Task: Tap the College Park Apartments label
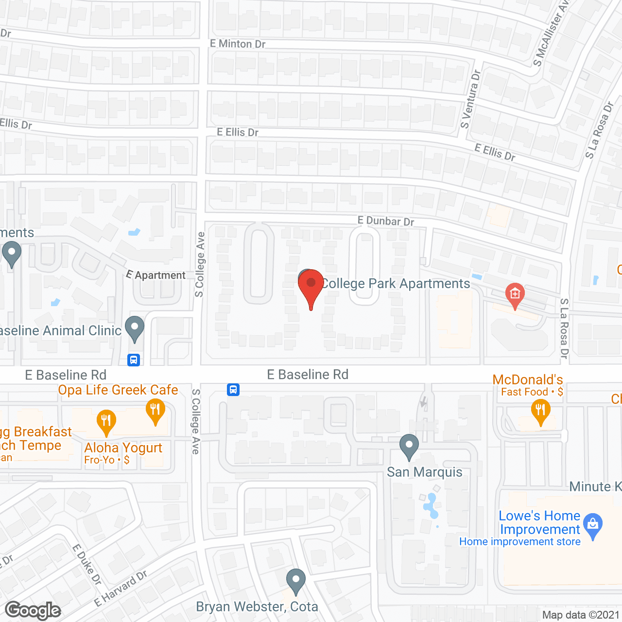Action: tap(396, 283)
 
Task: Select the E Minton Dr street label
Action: tap(238, 44)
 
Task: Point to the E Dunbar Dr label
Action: tap(386, 221)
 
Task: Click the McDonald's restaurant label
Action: tap(528, 380)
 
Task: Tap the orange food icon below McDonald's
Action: tap(540, 411)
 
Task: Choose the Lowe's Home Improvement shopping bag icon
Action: tap(593, 525)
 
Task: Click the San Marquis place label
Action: tap(425, 472)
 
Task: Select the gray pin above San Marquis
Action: tap(409, 446)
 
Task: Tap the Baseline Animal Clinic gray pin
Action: tap(135, 328)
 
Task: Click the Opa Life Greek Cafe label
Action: tap(118, 390)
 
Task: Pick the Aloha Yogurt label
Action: tap(123, 448)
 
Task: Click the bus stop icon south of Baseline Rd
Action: tap(233, 390)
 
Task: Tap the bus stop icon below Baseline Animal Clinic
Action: tap(134, 360)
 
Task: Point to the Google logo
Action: tap(33, 610)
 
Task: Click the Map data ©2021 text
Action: tap(581, 615)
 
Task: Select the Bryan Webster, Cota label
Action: tap(257, 606)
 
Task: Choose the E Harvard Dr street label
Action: tap(121, 589)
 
